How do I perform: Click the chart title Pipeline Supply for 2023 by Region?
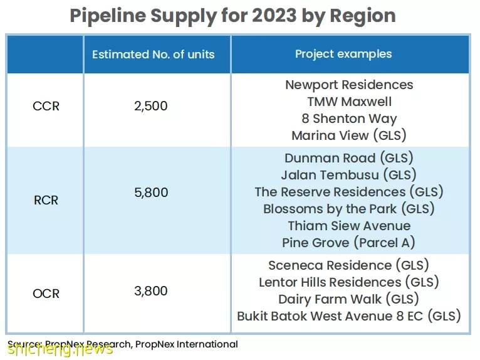pos(232,16)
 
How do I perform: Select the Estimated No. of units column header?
pos(154,55)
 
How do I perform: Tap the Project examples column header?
pos(343,54)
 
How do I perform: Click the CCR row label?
pos(46,106)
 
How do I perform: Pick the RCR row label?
pos(46,200)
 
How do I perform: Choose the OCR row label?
pos(46,294)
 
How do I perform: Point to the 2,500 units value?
pos(151,106)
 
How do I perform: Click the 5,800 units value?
pos(151,193)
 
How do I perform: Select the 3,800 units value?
pos(151,291)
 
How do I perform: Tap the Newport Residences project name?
pos(349,85)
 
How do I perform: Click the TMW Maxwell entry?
pos(349,102)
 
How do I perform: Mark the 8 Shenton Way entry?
pos(349,119)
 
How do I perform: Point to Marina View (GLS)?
pos(349,135)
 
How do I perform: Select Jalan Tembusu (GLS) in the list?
pos(348,175)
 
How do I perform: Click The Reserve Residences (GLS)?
pos(349,192)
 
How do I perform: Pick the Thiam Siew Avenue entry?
pos(349,226)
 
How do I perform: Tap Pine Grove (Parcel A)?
pos(348,243)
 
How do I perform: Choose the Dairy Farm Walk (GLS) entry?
pos(348,299)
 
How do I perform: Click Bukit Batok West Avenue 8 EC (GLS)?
pos(349,316)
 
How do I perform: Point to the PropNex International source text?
pos(187,344)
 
